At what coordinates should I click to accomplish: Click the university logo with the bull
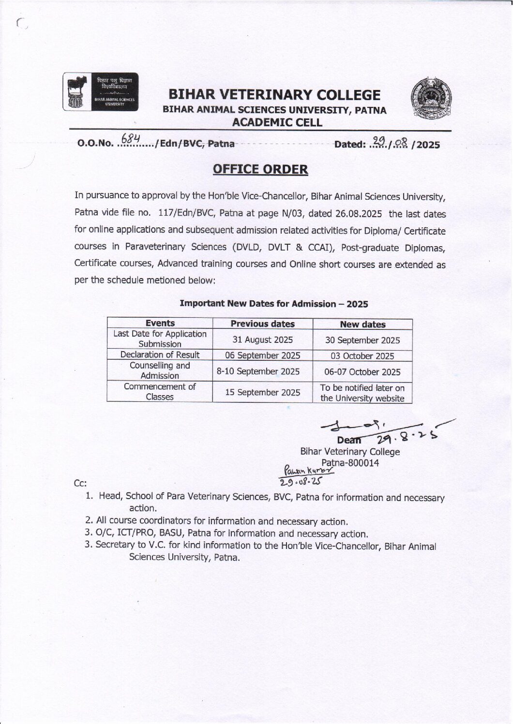pyautogui.click(x=101, y=92)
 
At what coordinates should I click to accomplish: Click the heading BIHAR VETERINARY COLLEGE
pyautogui.click(x=274, y=95)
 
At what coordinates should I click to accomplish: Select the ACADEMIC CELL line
pyautogui.click(x=277, y=123)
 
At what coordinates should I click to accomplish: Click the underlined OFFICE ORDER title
pyautogui.click(x=260, y=169)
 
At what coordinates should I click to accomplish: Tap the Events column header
pyautogui.click(x=160, y=323)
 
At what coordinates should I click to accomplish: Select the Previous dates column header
pyautogui.click(x=262, y=324)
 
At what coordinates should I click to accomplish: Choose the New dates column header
pyautogui.click(x=362, y=324)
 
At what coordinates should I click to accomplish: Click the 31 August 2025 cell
pyautogui.click(x=262, y=340)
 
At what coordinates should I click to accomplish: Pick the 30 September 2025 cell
pyautogui.click(x=362, y=340)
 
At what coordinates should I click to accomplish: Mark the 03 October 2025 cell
pyautogui.click(x=362, y=356)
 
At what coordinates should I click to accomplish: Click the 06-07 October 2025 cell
pyautogui.click(x=362, y=372)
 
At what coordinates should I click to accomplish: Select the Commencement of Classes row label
pyautogui.click(x=160, y=392)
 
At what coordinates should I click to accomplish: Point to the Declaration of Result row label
pyautogui.click(x=160, y=355)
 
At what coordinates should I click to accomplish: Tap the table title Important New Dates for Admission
pyautogui.click(x=273, y=304)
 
